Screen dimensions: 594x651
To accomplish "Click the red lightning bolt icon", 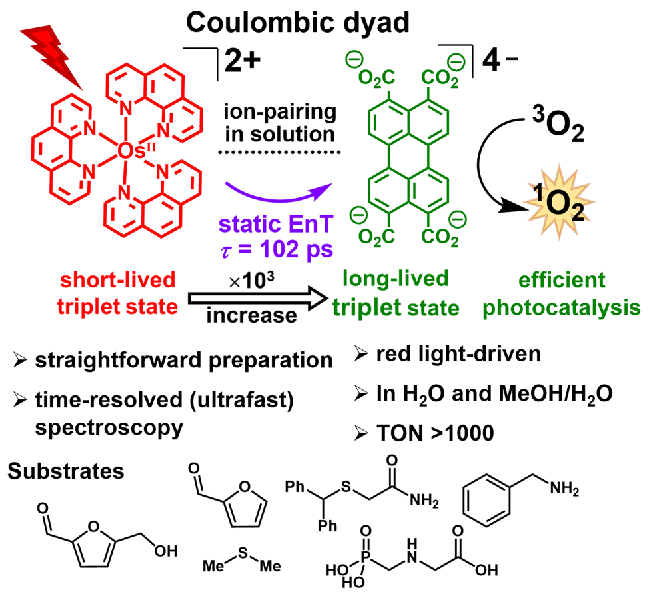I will click(x=57, y=53).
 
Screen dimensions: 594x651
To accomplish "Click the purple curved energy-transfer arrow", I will click(x=276, y=188).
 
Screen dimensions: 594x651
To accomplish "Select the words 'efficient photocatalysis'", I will click(x=565, y=293).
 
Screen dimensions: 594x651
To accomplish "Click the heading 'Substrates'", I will click(x=67, y=471).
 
